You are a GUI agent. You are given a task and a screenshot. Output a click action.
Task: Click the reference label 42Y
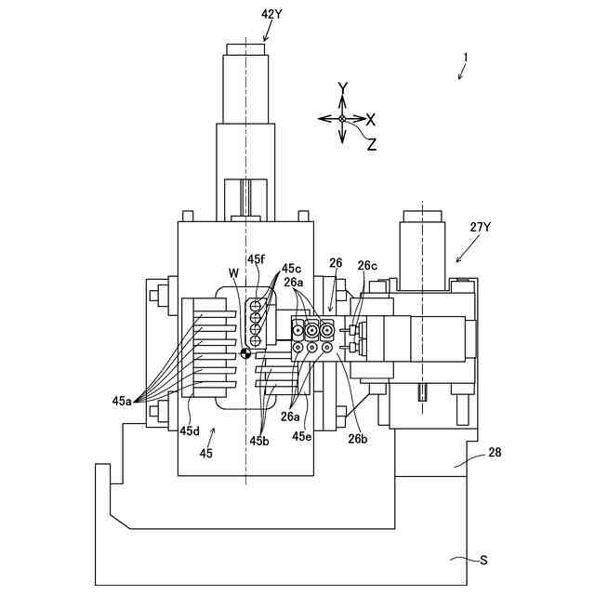coord(271,14)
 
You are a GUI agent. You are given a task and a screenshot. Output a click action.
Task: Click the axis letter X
coord(370,119)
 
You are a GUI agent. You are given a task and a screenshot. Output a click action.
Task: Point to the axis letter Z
coord(371,144)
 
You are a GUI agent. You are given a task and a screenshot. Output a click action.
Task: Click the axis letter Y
coord(342,89)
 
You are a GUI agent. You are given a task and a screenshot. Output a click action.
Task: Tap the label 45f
coord(257,259)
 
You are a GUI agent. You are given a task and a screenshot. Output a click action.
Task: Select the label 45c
coord(291,269)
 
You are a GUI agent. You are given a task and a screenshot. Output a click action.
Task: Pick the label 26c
coord(367,265)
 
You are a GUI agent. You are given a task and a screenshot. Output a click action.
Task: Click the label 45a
coord(122,401)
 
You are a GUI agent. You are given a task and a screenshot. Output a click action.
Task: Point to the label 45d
coord(190,430)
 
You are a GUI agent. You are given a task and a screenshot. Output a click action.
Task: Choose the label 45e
coord(301,435)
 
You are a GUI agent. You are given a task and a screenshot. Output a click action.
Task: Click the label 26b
coord(359,439)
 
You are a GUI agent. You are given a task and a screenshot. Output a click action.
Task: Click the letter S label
coord(483,560)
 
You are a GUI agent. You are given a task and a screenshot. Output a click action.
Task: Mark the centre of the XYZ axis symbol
coord(342,119)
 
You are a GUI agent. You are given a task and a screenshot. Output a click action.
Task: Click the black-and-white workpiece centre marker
coord(245,354)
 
